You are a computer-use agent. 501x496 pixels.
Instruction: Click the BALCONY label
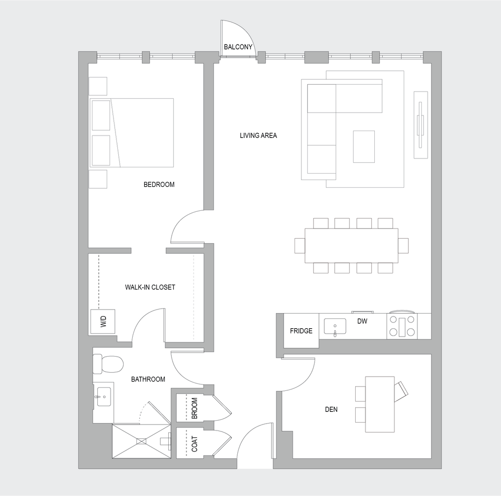click(x=238, y=47)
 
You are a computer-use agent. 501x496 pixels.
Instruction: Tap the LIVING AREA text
click(x=258, y=135)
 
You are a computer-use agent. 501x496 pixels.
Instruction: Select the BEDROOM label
click(x=159, y=184)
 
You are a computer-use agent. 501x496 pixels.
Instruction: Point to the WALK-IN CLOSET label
click(x=150, y=287)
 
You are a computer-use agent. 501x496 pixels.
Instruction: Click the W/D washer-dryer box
click(x=103, y=321)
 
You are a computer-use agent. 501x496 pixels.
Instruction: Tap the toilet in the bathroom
click(x=109, y=364)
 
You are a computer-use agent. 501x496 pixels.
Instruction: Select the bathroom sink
click(x=104, y=396)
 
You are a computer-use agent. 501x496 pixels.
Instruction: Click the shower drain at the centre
click(x=141, y=441)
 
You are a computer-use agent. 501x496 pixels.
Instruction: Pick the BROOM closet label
click(x=194, y=408)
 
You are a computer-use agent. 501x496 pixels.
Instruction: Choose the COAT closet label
click(x=195, y=444)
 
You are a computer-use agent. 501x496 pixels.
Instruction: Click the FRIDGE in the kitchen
click(x=301, y=331)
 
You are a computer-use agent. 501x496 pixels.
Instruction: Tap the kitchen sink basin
click(x=335, y=326)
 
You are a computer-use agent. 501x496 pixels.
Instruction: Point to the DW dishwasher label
click(x=363, y=321)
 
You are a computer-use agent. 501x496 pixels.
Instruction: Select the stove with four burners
click(x=402, y=326)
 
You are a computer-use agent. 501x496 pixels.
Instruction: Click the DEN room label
click(x=331, y=409)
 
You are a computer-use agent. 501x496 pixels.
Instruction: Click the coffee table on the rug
click(x=364, y=146)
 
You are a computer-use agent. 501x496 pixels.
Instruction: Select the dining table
click(x=351, y=246)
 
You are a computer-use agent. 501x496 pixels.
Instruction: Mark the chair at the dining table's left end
click(x=299, y=246)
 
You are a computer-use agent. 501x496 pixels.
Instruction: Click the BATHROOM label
click(x=148, y=379)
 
